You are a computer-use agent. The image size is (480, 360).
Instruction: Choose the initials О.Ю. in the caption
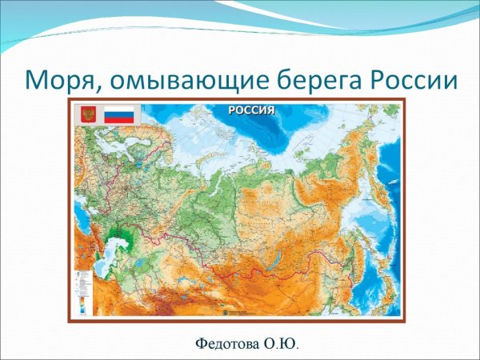(282, 345)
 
